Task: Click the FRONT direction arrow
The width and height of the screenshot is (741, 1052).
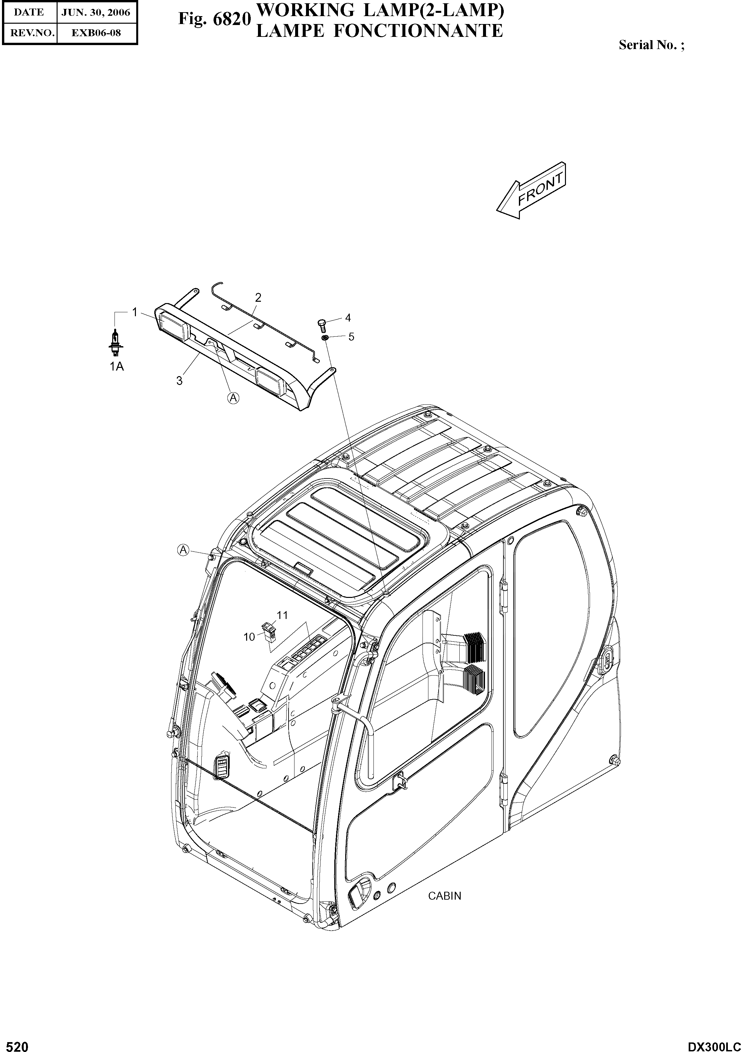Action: coord(532,191)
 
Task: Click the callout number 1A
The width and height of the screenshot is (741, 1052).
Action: coord(116,366)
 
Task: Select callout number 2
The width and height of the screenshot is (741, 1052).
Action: coord(258,297)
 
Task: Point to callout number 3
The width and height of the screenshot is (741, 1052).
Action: coord(179,380)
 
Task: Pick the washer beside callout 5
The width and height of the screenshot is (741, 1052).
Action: coord(324,338)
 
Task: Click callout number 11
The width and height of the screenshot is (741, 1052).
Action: coord(282,615)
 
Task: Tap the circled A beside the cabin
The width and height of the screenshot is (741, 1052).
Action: coord(183,550)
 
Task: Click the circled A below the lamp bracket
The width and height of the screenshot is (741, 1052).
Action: coord(233,398)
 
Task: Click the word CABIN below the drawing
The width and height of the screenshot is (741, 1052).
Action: coord(444,896)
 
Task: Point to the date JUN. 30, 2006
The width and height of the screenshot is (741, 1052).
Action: coord(96,13)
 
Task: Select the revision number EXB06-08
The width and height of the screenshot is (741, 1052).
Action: coord(96,33)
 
